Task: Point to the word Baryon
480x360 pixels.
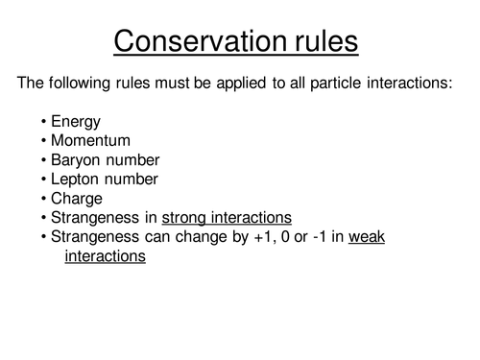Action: coord(75,159)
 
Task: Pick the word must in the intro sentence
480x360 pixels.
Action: coord(183,84)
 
